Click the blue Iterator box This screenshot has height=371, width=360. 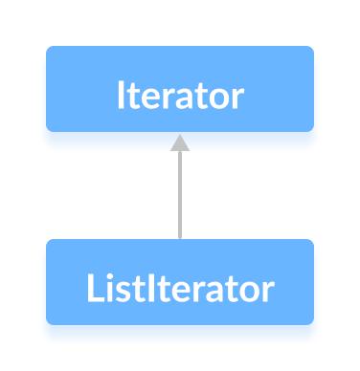[179, 88]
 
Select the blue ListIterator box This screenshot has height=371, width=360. [179, 281]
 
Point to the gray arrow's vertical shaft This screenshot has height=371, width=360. [180, 196]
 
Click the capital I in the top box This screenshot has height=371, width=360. [121, 97]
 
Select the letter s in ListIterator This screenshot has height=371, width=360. [118, 292]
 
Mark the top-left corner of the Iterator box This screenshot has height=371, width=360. [48, 48]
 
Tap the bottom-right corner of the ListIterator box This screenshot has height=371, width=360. [311, 322]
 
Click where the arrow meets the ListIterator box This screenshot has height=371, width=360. [180, 239]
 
